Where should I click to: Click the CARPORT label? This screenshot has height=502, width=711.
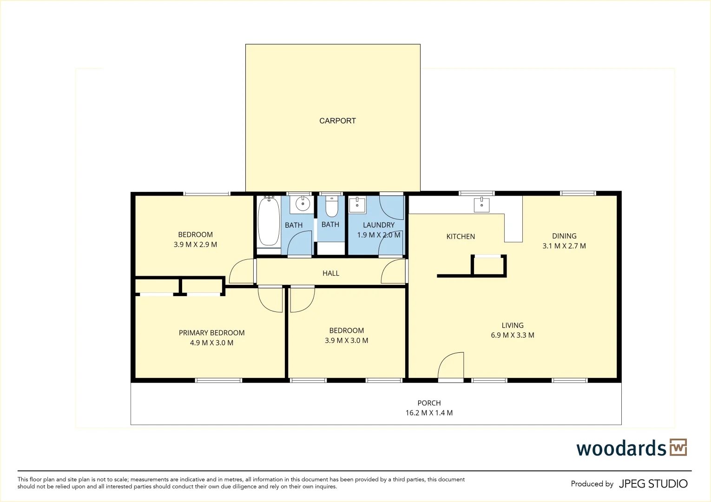coord(337,121)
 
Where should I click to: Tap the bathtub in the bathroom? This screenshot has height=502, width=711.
coord(269,222)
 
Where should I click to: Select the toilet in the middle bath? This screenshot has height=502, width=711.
coord(331,206)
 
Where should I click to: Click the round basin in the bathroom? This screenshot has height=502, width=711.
coord(303,204)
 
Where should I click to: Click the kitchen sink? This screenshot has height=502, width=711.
coord(481,205)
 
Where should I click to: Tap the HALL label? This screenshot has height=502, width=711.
coord(331,273)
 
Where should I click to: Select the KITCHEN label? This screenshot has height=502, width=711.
coord(461,237)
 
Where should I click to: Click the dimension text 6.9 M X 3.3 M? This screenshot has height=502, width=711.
coord(513,335)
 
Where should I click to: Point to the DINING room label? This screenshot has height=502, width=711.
coord(564,236)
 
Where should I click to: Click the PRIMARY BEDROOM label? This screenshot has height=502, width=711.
coord(211,333)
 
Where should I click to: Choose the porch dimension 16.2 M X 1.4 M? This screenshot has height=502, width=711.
coord(429,413)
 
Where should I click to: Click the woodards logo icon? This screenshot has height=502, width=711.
coord(678,448)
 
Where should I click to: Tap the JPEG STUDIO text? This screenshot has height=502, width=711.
coord(653,484)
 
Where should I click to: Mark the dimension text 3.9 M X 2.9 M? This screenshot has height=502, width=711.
coord(195,244)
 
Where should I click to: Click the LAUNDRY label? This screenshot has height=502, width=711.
coord(379,225)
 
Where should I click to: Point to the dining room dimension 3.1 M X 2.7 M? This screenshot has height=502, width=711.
coord(564,246)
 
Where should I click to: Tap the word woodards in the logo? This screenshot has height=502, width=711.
coord(621,449)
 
